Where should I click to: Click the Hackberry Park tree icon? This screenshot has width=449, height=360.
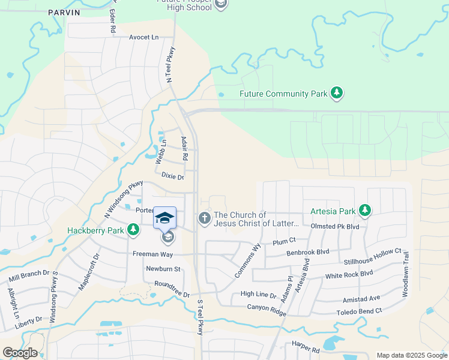click(x=133, y=230)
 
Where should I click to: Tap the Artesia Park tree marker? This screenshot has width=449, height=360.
click(x=364, y=211)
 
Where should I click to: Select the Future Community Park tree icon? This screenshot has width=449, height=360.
click(x=337, y=93)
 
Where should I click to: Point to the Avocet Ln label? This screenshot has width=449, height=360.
click(x=144, y=37)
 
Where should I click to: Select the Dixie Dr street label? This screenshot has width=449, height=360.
click(x=172, y=176)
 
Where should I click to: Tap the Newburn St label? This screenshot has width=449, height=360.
click(x=164, y=269)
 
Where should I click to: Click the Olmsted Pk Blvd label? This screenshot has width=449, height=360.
click(x=335, y=227)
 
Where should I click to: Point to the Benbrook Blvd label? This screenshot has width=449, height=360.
click(x=309, y=253)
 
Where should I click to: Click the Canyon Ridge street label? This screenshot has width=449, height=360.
click(x=267, y=307)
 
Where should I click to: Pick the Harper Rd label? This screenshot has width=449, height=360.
click(x=306, y=348)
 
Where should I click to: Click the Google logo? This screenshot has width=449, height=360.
click(x=19, y=353)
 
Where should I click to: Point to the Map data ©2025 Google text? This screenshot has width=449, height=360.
click(x=412, y=355)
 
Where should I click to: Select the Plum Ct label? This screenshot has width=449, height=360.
click(x=285, y=241)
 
